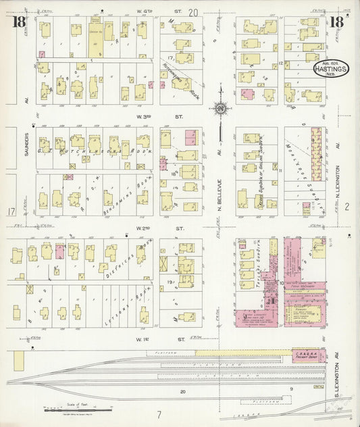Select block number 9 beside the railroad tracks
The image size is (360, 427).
(x=291, y=389)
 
